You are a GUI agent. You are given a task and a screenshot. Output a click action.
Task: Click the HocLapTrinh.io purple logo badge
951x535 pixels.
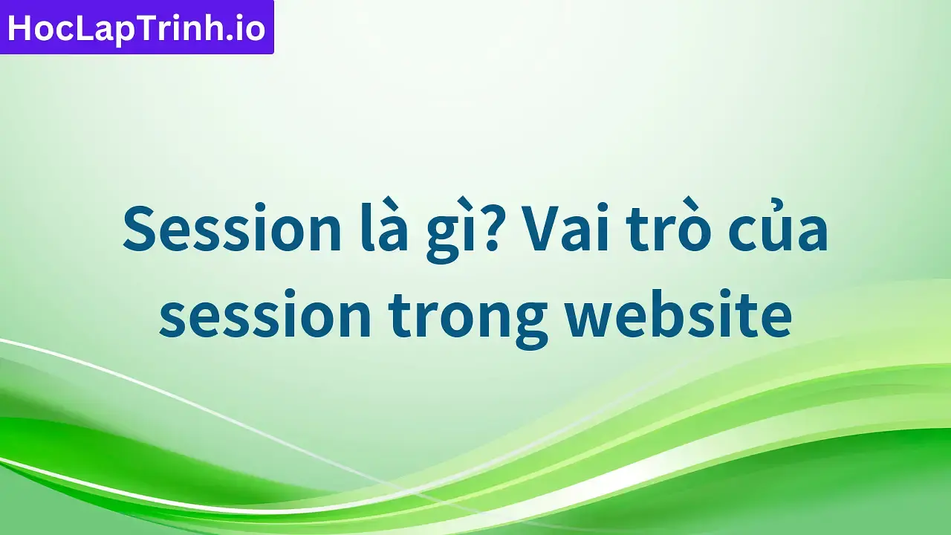[137, 27]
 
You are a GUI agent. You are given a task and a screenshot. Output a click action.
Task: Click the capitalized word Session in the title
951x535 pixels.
[231, 230]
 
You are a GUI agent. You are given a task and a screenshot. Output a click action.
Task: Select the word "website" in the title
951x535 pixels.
[678, 316]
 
